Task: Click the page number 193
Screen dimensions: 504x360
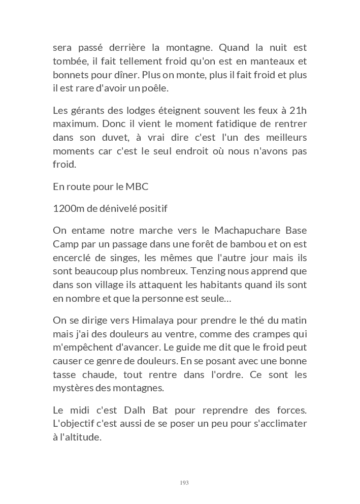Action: coord(184,483)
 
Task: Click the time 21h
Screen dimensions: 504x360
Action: coord(298,111)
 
